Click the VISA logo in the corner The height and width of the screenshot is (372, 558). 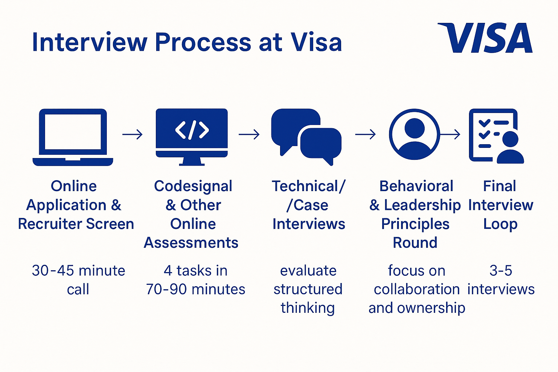[x=485, y=38]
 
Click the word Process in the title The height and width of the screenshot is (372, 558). [x=203, y=42]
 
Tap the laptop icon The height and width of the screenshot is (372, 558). [x=73, y=137]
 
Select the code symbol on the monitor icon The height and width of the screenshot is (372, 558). [x=192, y=129]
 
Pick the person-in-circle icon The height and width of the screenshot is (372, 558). [x=414, y=134]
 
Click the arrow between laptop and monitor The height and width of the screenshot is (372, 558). [x=133, y=135]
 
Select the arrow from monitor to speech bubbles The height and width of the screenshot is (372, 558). [x=249, y=135]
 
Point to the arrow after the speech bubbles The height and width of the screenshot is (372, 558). [x=365, y=135]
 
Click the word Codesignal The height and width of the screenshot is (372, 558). [x=193, y=186]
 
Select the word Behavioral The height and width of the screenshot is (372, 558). [x=416, y=186]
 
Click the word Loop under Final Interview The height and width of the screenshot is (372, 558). [x=500, y=225]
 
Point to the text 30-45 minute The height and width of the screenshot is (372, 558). [x=78, y=271]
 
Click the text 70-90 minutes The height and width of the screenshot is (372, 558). [x=195, y=290]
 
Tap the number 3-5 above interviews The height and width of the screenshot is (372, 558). [x=501, y=271]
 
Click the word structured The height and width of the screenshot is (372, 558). [x=308, y=290]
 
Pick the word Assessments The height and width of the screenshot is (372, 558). [x=191, y=243]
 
